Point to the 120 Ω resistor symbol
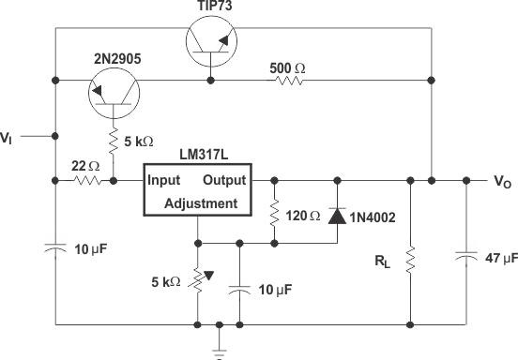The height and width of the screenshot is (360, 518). point(273,215)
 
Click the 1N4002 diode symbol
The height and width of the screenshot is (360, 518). point(337,214)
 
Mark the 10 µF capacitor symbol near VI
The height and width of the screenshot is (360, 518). point(55,248)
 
